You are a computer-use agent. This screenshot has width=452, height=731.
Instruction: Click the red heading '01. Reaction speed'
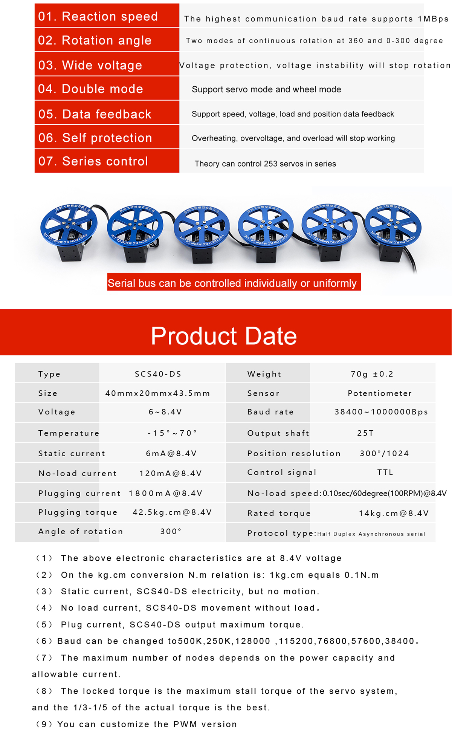tap(98, 16)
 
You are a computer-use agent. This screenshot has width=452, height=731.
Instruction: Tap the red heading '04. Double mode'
tap(91, 89)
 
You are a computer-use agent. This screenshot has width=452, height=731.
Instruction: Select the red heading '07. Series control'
tap(93, 161)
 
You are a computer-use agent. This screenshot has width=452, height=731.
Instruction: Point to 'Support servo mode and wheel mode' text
tap(266, 89)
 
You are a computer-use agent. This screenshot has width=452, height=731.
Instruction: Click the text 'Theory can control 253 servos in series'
tap(265, 164)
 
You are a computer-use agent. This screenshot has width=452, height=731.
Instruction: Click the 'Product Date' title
tap(224, 335)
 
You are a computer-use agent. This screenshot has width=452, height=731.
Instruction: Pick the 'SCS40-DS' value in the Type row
tap(158, 374)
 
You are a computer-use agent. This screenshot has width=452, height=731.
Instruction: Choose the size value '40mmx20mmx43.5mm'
tap(158, 393)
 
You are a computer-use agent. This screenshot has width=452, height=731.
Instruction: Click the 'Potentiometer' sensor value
tap(380, 393)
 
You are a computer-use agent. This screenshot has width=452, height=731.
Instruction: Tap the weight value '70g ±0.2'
tap(372, 374)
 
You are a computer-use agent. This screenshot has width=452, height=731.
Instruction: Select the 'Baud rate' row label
tap(270, 412)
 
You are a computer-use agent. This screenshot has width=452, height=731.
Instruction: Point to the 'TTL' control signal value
tap(385, 473)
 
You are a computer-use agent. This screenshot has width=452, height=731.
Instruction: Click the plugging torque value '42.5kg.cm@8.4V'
tap(172, 512)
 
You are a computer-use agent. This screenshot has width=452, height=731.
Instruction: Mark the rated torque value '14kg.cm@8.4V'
tap(394, 513)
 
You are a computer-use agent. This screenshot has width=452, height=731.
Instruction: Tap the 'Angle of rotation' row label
tap(81, 531)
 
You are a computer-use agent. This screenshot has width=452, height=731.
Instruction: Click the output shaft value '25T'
tap(365, 433)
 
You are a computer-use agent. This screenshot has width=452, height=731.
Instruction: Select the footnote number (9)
tap(44, 724)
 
